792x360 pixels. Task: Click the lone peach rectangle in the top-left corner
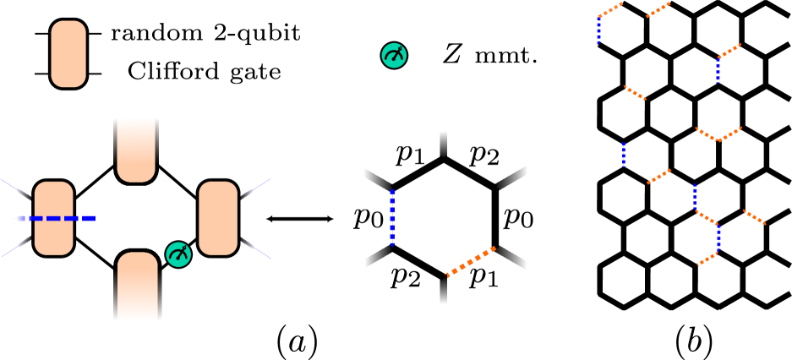click(68, 54)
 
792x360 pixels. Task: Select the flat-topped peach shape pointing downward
click(136, 149)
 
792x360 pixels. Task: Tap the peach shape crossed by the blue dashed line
click(53, 218)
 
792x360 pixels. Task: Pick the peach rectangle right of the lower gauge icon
click(218, 218)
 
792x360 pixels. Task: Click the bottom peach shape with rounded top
click(138, 286)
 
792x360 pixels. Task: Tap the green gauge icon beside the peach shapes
click(178, 254)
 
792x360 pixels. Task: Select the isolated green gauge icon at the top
click(394, 56)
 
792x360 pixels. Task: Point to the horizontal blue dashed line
click(56, 218)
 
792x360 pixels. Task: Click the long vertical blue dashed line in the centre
click(392, 217)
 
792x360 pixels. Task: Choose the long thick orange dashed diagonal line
click(471, 261)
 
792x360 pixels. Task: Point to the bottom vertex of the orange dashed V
click(718, 140)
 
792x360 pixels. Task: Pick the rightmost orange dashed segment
click(754, 217)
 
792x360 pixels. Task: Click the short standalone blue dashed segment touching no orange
click(624, 154)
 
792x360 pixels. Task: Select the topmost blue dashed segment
click(598, 29)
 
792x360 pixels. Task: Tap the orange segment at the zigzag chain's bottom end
click(707, 259)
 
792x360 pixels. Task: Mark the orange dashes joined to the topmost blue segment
click(610, 9)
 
